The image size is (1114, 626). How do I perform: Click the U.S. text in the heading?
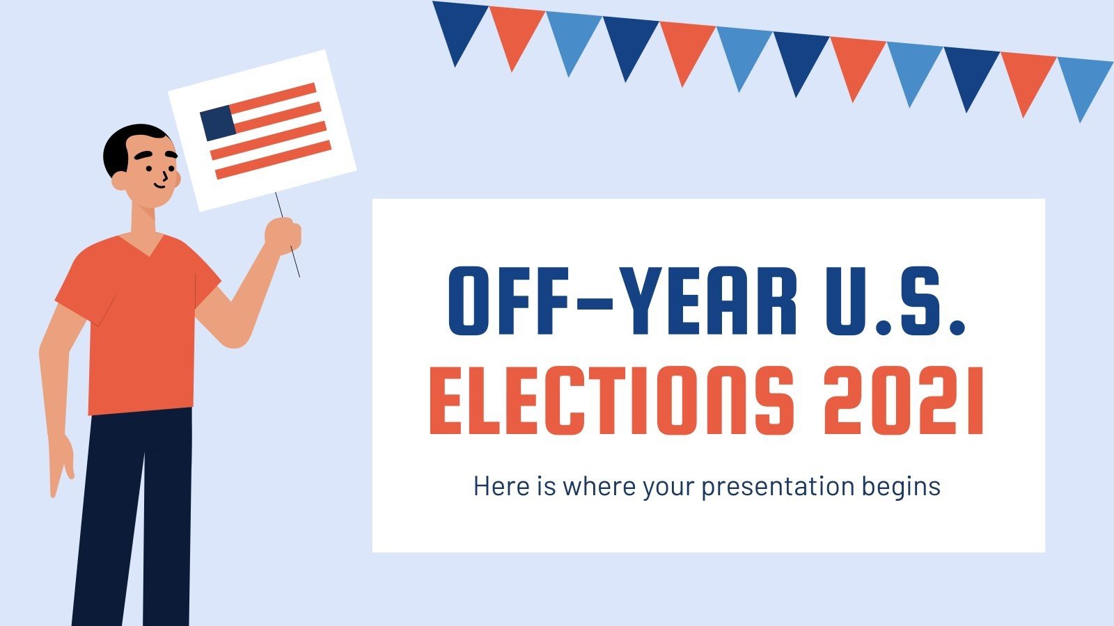pos(900,300)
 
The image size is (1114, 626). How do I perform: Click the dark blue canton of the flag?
pos(217,123)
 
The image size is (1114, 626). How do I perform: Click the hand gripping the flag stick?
pos(283,234)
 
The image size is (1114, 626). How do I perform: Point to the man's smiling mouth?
pos(159,184)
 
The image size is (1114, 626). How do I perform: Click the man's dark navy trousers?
pos(136,515)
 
